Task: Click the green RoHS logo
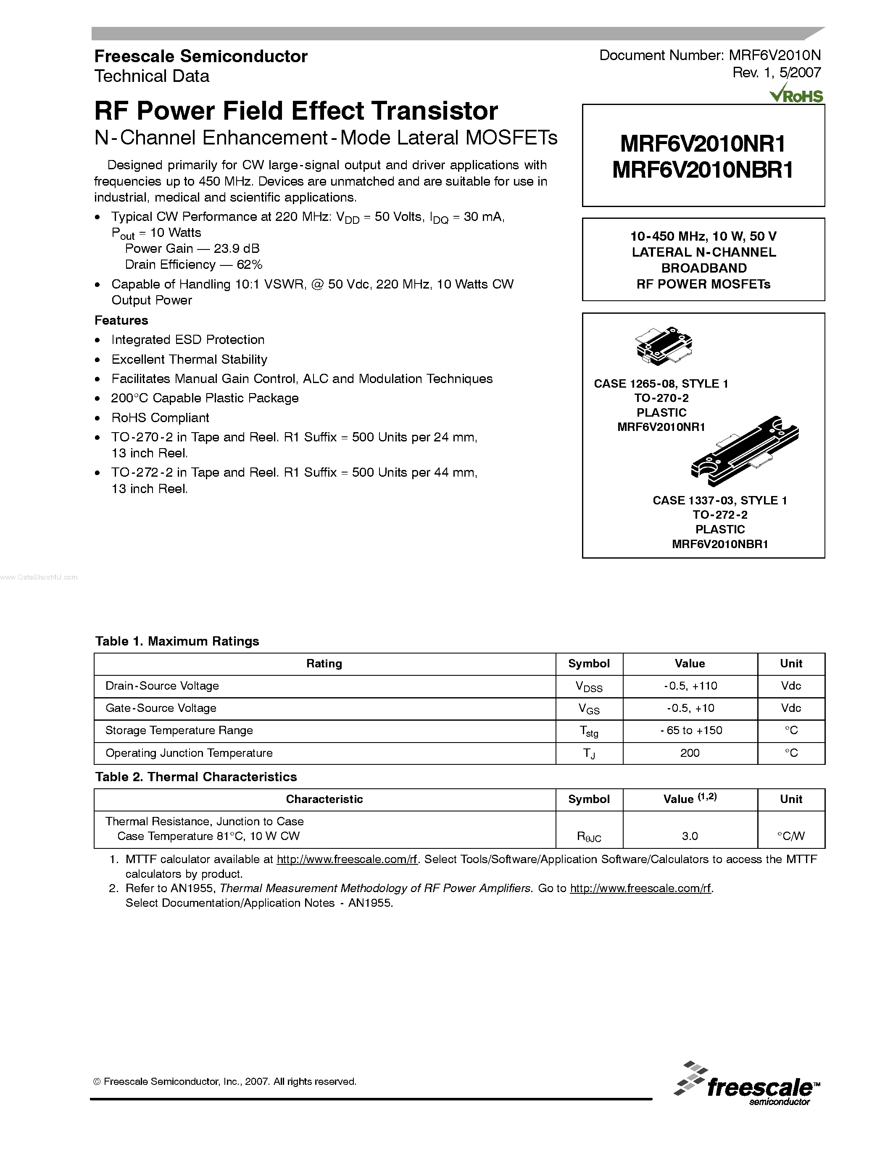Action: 797,94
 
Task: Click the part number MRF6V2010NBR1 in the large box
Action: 703,170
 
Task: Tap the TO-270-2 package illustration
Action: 664,345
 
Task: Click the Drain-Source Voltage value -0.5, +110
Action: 690,686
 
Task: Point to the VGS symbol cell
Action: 589,709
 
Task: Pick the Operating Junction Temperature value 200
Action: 690,753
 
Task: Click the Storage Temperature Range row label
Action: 179,730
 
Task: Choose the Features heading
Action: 121,320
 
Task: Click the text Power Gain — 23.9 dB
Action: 192,249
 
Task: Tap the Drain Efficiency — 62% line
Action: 194,265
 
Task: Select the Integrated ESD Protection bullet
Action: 188,340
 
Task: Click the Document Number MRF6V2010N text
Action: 709,55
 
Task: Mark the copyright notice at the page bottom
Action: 225,1081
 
